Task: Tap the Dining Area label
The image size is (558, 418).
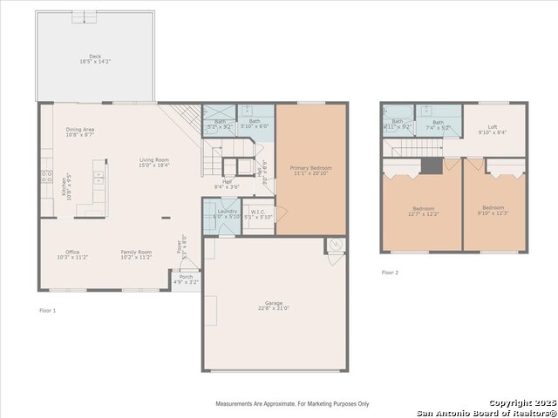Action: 80,130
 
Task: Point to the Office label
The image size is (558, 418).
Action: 72,252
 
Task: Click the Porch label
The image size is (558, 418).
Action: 186,276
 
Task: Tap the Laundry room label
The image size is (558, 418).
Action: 227,211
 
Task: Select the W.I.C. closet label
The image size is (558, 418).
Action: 258,211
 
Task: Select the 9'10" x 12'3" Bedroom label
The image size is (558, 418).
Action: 493,207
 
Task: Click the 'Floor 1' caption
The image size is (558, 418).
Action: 47,310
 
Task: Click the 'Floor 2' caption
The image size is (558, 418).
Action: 390,273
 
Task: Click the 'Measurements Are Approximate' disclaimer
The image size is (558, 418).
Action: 292,404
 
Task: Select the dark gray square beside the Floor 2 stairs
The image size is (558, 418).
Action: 432,165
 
